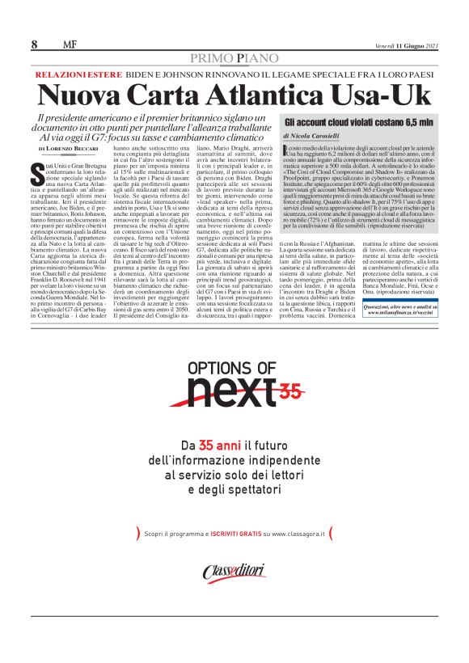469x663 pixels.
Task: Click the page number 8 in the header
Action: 34,44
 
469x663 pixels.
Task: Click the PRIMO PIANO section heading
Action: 234,58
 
